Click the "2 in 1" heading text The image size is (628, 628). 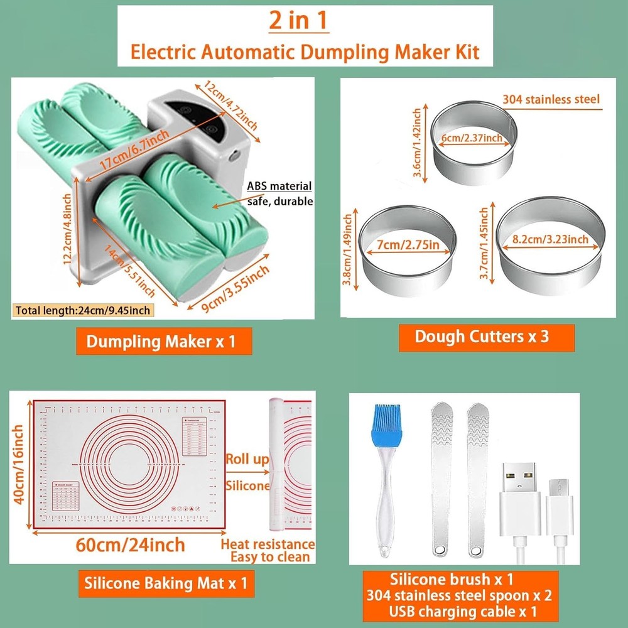(299, 21)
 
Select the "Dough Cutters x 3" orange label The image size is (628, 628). (482, 335)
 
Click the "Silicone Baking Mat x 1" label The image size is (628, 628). (166, 583)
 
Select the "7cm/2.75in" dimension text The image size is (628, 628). (405, 244)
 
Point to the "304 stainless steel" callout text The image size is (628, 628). (551, 99)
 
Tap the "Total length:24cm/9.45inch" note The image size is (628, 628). (83, 310)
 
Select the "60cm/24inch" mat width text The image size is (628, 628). (131, 544)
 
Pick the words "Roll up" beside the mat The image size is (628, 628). (247, 459)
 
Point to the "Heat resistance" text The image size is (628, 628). (267, 544)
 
